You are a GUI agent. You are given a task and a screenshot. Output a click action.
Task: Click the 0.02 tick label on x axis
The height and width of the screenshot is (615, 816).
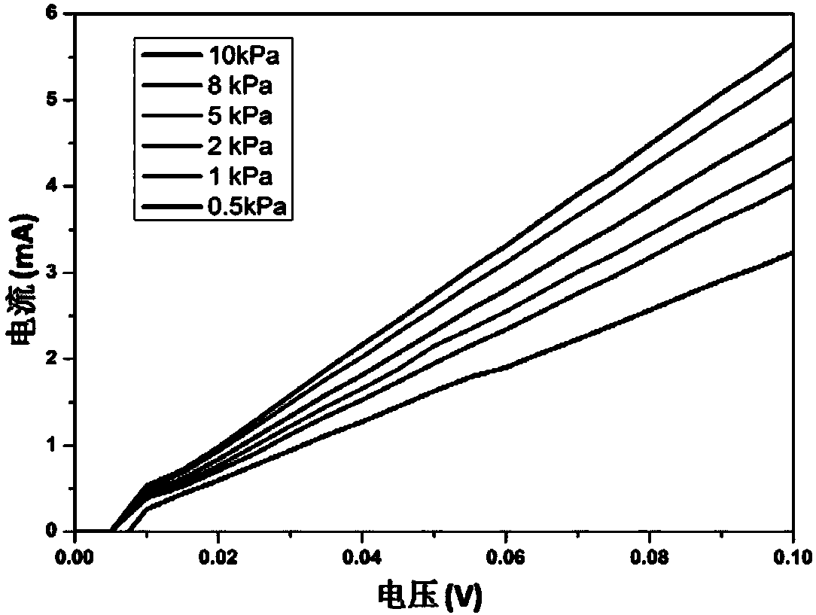pos(218,557)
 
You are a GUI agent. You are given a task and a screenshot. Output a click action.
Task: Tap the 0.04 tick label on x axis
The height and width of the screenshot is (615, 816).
pos(362,557)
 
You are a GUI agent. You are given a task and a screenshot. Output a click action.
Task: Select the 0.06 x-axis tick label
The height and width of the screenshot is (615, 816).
pos(506,557)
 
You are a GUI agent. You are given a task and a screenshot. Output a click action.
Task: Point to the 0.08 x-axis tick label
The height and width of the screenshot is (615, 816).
pos(650,557)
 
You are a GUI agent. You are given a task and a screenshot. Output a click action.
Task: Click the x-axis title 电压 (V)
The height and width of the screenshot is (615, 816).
pos(430,596)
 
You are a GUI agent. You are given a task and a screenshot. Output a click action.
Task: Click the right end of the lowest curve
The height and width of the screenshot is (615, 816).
pos(793,253)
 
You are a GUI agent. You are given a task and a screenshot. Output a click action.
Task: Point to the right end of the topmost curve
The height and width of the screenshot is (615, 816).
pos(793,44)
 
